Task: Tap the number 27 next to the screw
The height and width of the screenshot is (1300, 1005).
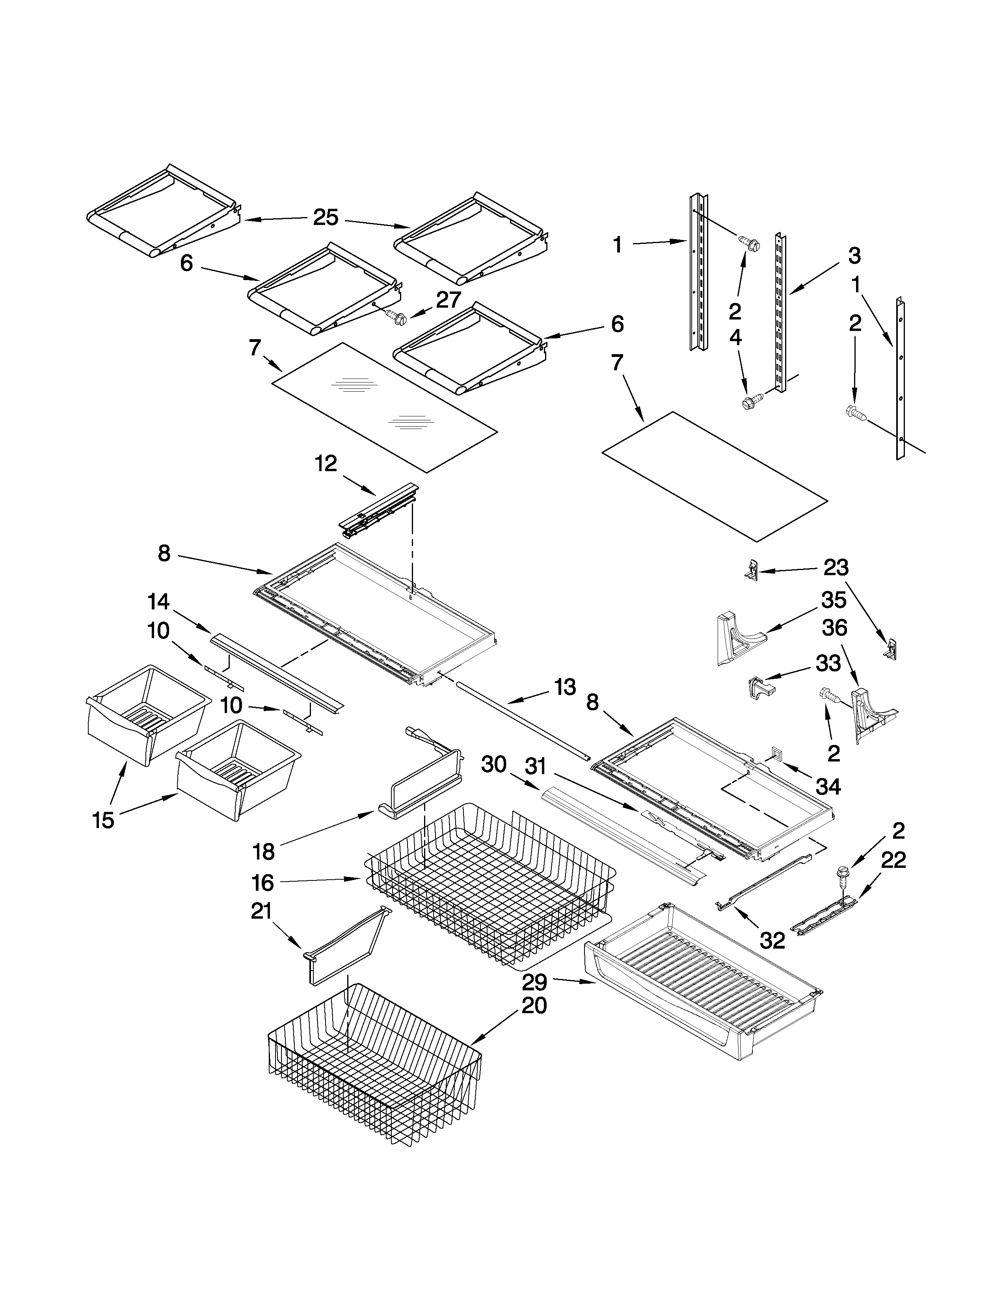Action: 449,299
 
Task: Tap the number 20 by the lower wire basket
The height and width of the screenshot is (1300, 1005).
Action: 534,1005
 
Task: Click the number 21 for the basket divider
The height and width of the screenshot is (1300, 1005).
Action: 261,911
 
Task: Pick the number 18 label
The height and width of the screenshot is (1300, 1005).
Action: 264,852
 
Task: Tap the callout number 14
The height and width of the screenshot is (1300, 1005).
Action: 159,602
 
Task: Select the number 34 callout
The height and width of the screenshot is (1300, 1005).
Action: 828,786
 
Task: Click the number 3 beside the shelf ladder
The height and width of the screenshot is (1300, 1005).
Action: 854,256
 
